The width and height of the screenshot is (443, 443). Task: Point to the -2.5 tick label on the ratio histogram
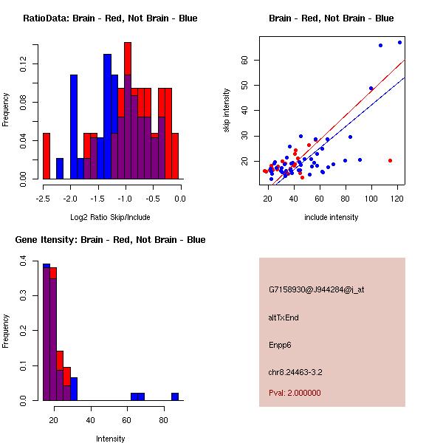tap(44, 198)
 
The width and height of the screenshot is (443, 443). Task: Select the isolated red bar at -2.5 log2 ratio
tap(47, 156)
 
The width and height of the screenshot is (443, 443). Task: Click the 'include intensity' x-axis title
tap(332, 217)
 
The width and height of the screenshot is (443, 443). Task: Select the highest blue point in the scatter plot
tap(399, 42)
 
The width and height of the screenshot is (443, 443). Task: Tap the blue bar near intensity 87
tap(175, 396)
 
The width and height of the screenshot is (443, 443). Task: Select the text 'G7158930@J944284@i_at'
tap(316, 290)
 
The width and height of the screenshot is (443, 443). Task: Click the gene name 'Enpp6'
tap(281, 345)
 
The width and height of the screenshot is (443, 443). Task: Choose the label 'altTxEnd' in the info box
tap(284, 317)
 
